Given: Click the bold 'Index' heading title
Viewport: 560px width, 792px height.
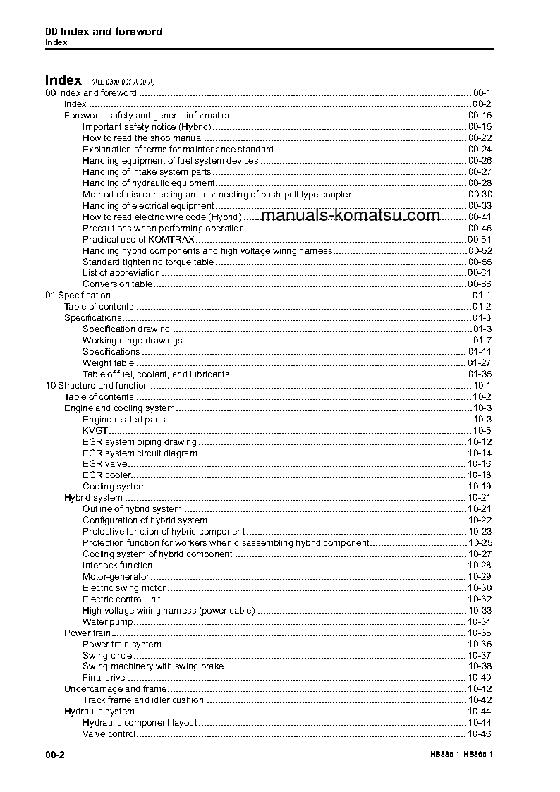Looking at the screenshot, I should coord(63,80).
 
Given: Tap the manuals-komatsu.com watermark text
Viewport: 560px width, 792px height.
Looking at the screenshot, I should coord(350,216).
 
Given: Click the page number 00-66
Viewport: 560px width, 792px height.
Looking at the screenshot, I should coord(480,284).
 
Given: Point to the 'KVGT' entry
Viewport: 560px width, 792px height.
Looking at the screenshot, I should coord(95,431).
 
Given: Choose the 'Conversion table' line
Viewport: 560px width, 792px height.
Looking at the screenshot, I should coord(117,284).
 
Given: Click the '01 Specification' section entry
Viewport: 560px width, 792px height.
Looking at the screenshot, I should coord(78,296).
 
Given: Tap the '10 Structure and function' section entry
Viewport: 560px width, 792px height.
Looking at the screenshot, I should coord(97,386).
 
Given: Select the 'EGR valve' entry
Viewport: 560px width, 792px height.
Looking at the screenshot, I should coord(105,464).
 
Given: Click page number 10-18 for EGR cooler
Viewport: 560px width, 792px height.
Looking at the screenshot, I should coord(480,475).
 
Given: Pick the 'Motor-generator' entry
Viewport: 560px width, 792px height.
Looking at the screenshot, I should coord(116,577).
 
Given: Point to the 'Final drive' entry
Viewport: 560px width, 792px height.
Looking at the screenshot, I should coord(104,678).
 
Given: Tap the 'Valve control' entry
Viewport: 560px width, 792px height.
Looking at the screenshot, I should coord(109,734).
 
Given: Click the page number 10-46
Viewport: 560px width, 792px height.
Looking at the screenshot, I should coord(480,734).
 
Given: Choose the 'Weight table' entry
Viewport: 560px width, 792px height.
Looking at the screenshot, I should coord(108,363).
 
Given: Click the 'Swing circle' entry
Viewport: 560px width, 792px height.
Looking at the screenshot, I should coord(107,656).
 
